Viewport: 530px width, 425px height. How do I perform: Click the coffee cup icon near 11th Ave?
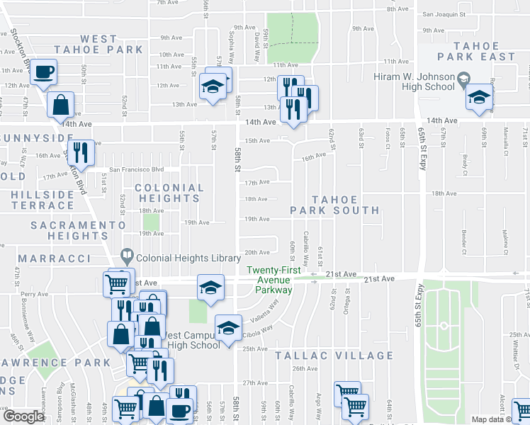click(x=44, y=72)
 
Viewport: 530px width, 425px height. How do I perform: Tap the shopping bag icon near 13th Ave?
click(x=61, y=105)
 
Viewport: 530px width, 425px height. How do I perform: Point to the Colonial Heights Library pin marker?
click(x=127, y=254)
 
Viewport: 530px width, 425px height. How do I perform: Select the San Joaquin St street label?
click(x=443, y=13)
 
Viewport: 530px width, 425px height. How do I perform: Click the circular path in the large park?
click(x=444, y=326)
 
